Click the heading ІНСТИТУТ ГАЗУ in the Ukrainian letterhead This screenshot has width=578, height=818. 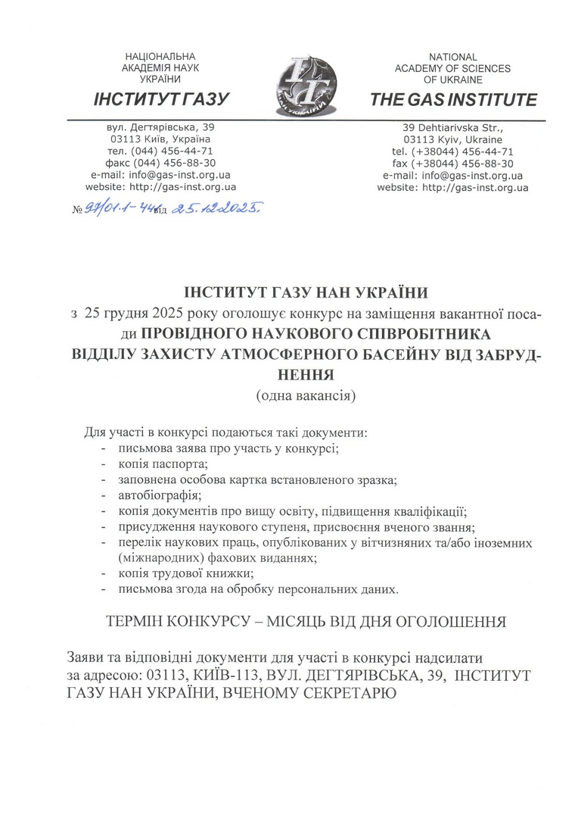tap(160, 100)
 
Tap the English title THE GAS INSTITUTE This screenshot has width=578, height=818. tap(453, 100)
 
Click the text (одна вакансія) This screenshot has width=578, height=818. tap(306, 394)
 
